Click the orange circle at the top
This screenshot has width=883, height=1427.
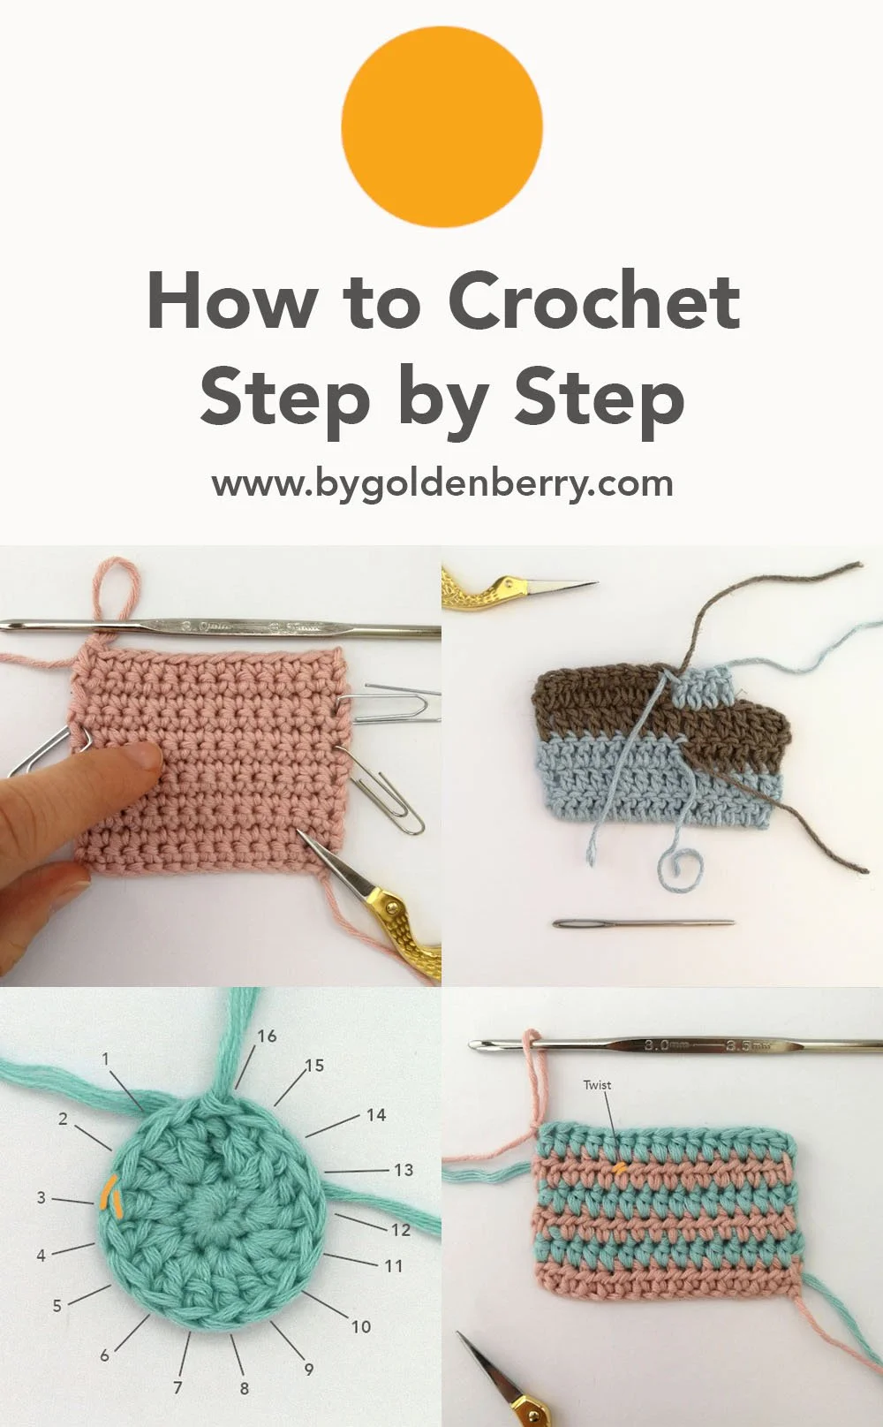pos(441,126)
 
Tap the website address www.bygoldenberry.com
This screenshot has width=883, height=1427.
pos(441,483)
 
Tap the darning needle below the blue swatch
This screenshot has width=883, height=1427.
pos(643,923)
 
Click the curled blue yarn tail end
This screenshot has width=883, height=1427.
pos(680,870)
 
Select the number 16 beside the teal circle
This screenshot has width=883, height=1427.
pos(267,1036)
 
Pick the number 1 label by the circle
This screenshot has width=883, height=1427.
pos(106,1059)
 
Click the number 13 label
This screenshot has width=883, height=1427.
pos(404,1170)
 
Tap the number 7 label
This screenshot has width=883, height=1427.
pos(177,1387)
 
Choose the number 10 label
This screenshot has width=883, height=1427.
pos(361,1325)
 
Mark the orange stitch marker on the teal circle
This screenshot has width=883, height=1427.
pos(111,1195)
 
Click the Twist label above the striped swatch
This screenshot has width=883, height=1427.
pos(597,1085)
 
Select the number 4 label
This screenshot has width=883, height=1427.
pos(41,1255)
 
